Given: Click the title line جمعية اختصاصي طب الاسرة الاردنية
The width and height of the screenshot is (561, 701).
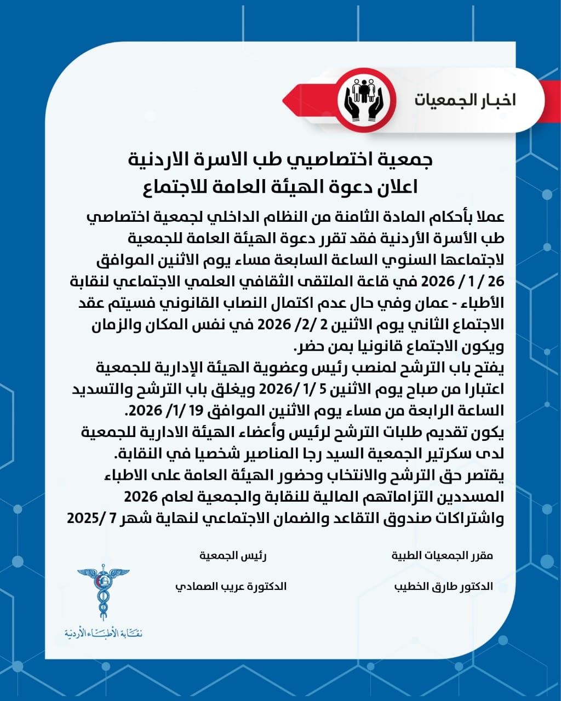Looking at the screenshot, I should [x=280, y=160].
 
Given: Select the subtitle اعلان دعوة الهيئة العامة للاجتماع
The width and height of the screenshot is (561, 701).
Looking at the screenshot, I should [x=280, y=187].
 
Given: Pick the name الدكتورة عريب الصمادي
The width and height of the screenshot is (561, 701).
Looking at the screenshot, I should [x=231, y=586].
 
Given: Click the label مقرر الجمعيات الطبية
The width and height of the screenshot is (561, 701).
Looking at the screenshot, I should [x=442, y=555].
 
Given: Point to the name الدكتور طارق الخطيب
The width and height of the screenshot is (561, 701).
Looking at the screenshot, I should [x=443, y=586].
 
